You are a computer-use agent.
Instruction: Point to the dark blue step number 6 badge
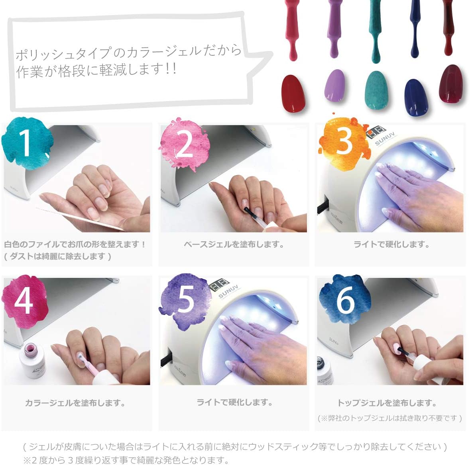point(344,299)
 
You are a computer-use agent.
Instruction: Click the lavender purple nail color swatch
point(334,86)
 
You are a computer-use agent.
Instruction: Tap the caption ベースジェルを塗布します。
point(234,244)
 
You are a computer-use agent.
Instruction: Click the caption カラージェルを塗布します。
point(75,403)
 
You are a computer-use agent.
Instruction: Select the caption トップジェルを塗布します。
point(387,403)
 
